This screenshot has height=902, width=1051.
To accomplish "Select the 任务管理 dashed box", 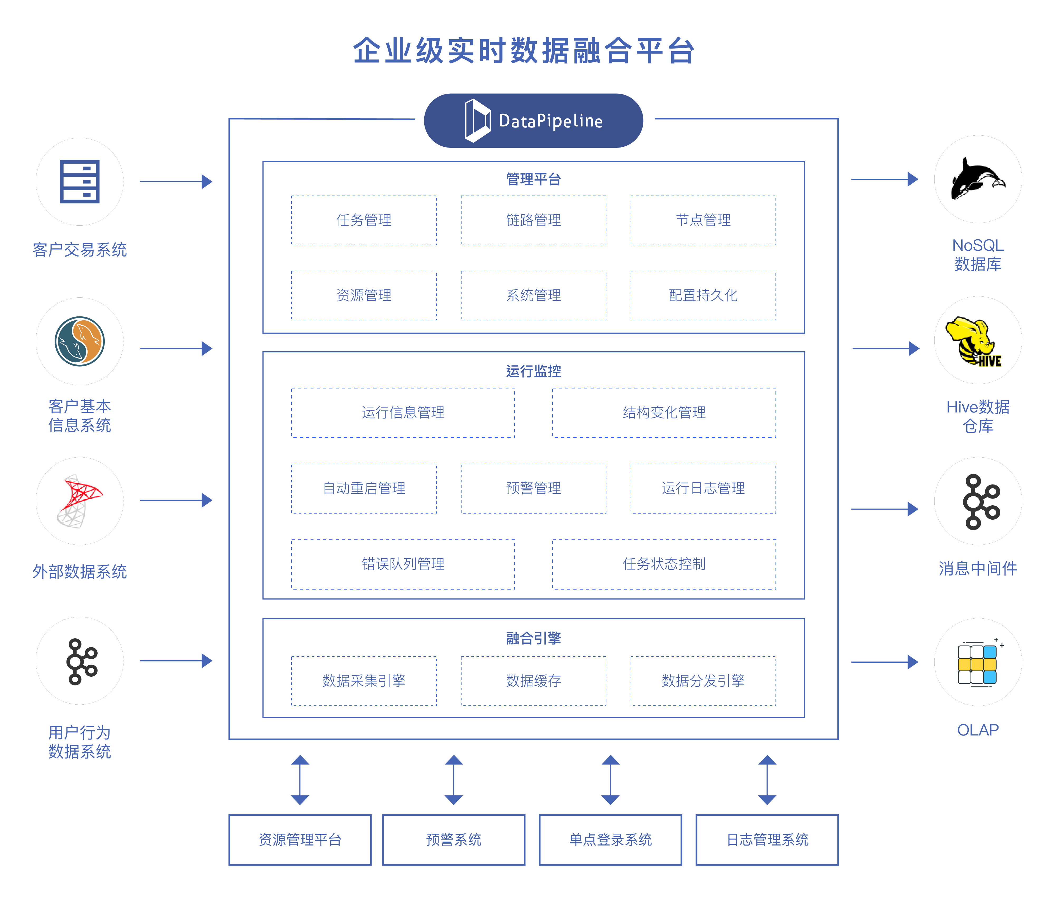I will [x=364, y=220].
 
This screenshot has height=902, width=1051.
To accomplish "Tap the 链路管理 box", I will [x=533, y=220].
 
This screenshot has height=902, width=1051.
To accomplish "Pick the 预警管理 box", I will [x=533, y=488].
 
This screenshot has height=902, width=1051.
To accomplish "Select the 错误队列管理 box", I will [x=403, y=564].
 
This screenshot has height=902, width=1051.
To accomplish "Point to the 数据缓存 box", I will [x=533, y=681].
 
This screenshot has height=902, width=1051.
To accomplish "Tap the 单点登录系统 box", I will [x=610, y=840].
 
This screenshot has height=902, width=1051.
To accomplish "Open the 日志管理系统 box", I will [x=767, y=840].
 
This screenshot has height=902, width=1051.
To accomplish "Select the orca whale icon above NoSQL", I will [x=977, y=180].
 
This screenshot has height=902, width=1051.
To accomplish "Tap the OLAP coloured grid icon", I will [x=977, y=663].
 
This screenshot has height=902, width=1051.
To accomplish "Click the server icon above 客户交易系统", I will [x=80, y=182].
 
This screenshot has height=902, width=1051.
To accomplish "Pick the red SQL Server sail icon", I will [x=80, y=501].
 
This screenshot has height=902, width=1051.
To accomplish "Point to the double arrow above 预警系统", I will [x=454, y=780].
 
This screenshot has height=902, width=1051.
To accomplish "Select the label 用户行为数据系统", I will [x=80, y=742].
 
